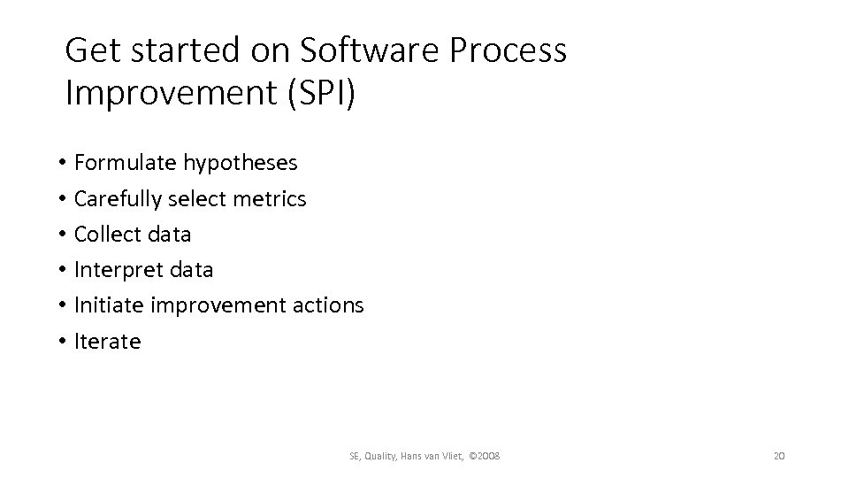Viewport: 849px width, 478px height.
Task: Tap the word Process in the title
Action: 509,51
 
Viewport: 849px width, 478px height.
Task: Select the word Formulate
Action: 126,163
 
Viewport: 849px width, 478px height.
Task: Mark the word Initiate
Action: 110,305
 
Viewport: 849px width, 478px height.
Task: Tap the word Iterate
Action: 107,341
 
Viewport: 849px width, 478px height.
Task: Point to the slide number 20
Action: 779,456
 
